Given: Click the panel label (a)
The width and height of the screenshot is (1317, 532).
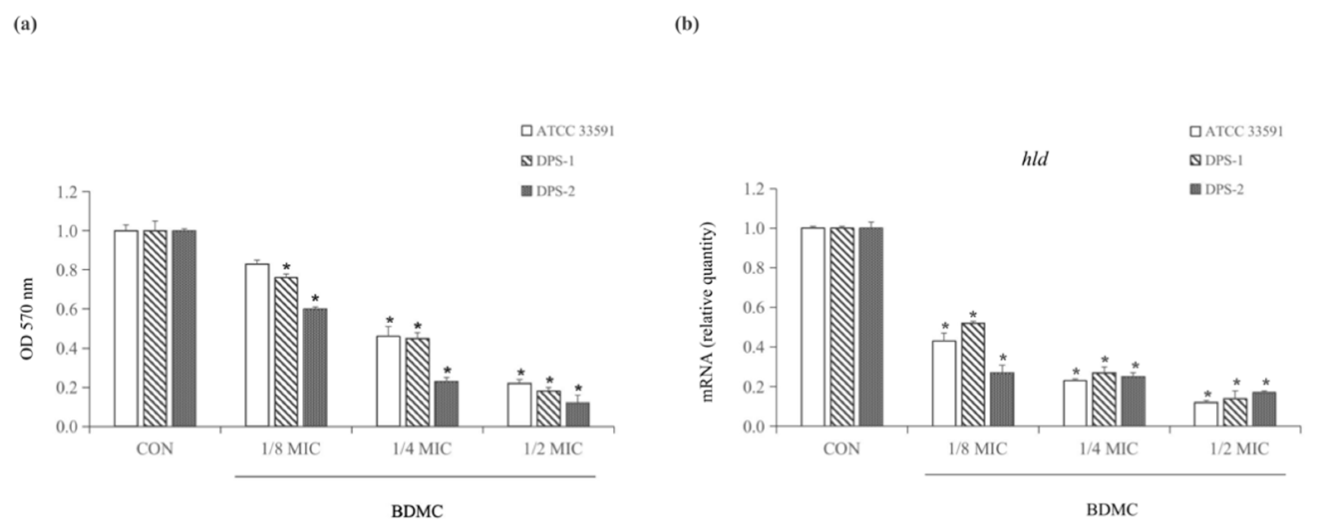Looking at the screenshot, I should (x=25, y=24).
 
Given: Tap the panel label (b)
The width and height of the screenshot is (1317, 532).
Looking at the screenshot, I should (x=687, y=24).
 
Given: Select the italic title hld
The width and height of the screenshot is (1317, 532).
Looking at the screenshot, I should (x=1034, y=159).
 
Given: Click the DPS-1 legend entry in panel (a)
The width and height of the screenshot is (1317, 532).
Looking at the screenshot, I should (x=548, y=161).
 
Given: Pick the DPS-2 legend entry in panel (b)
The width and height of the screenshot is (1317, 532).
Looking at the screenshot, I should (x=1217, y=190).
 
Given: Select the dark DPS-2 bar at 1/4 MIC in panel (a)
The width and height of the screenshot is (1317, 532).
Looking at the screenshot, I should (x=447, y=404).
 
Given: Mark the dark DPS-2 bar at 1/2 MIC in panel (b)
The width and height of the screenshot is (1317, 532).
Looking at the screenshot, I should (x=1264, y=409).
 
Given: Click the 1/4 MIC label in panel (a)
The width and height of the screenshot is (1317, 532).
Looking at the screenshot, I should (x=422, y=449).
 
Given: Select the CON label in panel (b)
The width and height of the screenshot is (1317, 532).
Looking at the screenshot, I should (x=841, y=449).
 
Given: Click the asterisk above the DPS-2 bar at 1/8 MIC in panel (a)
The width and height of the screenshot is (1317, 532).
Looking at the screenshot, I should (x=315, y=298).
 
